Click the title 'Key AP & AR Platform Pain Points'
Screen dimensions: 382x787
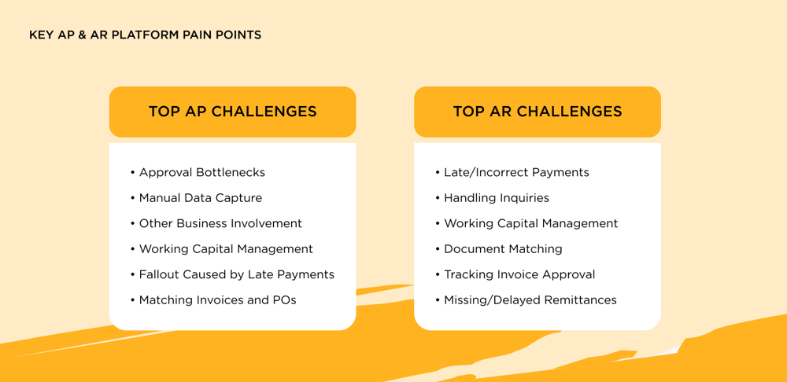click(x=145, y=35)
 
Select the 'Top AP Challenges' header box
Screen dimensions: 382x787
click(x=232, y=112)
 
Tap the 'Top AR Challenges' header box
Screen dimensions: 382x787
click(x=538, y=112)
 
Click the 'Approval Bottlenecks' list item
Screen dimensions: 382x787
click(x=201, y=172)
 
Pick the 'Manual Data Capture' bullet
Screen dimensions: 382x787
click(x=200, y=198)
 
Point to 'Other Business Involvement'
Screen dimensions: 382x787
click(x=220, y=223)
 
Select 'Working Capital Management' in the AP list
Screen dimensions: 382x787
click(x=226, y=249)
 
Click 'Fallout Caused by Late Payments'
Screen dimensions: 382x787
click(x=236, y=274)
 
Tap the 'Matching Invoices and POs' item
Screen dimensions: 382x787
click(x=217, y=300)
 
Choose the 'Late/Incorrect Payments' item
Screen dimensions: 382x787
click(x=516, y=172)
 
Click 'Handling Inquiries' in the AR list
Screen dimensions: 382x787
click(x=496, y=198)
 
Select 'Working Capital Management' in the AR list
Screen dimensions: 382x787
click(x=530, y=223)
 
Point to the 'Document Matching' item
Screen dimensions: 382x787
click(x=503, y=249)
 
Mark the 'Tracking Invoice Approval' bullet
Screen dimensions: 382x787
click(x=519, y=274)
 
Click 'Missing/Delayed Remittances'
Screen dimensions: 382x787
click(x=530, y=300)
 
